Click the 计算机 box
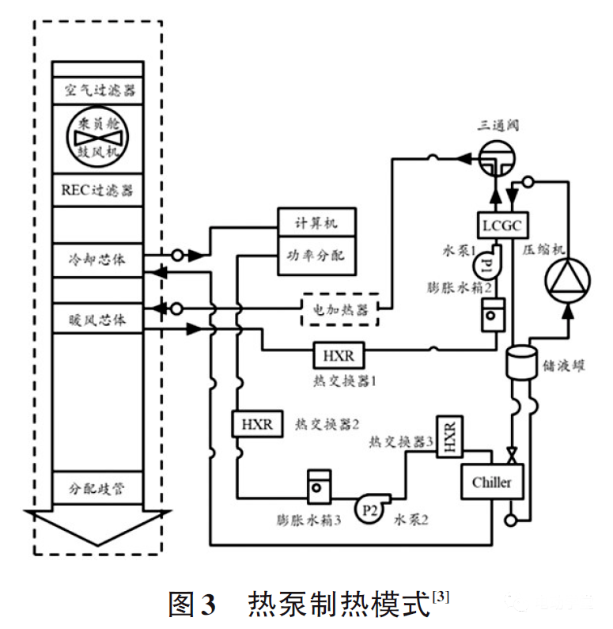(316, 223)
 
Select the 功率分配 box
(316, 256)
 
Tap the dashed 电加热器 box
(340, 309)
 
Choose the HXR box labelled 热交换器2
(256, 424)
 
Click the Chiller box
(491, 482)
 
